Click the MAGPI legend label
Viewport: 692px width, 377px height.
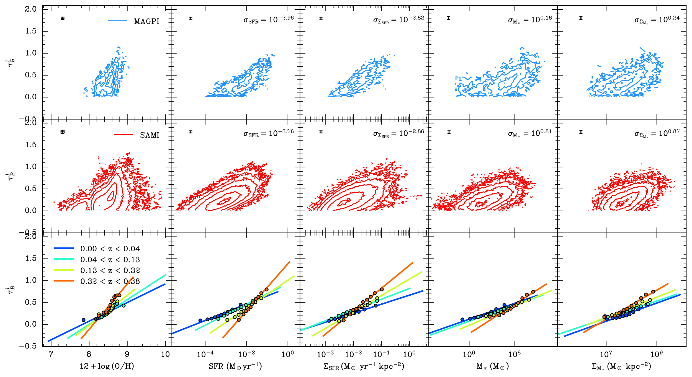(x=146, y=21)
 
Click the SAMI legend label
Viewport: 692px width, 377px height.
(x=150, y=135)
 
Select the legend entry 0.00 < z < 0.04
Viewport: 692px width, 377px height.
(x=110, y=249)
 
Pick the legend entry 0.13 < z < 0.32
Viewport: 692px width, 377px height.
(x=110, y=270)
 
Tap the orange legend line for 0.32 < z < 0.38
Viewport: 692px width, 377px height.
(x=64, y=281)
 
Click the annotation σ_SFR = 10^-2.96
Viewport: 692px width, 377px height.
(x=268, y=19)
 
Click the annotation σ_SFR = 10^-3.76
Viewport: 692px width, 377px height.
(x=268, y=133)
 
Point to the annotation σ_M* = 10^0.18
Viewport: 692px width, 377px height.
(x=529, y=20)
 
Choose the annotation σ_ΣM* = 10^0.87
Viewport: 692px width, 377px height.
(x=657, y=133)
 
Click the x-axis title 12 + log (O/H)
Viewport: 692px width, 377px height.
(x=107, y=366)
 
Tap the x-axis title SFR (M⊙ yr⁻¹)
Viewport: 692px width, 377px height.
(x=235, y=366)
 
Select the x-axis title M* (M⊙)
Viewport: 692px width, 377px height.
(x=493, y=366)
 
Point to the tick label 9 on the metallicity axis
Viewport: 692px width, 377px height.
(x=127, y=354)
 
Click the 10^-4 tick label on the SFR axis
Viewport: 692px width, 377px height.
(x=205, y=354)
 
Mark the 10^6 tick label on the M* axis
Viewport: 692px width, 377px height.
(x=469, y=354)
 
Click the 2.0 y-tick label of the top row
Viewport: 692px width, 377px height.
(x=31, y=9)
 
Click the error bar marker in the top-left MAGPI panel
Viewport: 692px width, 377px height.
(x=63, y=18)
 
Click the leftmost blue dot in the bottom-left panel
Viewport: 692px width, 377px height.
(x=84, y=320)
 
